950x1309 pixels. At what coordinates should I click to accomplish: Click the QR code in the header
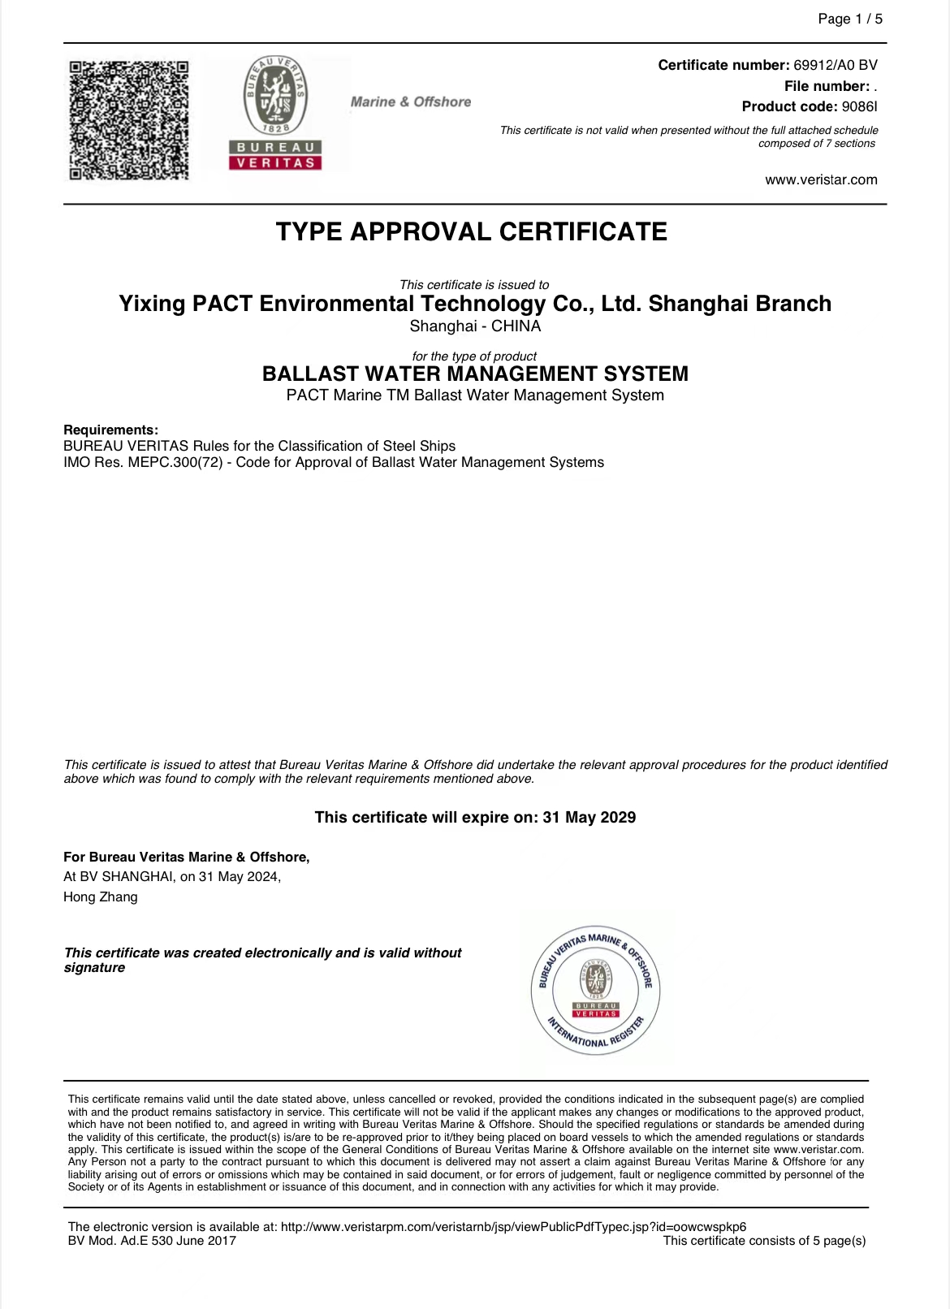128,119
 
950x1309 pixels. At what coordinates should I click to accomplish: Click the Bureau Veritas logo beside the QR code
276,114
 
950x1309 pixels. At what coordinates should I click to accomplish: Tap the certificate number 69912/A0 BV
835,66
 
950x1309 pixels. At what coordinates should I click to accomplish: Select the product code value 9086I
859,106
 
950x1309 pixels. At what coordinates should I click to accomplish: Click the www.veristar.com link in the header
821,180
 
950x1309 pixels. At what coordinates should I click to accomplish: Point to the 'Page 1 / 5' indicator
849,19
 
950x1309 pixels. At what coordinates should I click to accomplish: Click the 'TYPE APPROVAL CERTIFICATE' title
471,232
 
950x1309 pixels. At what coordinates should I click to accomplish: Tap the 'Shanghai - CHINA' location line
475,326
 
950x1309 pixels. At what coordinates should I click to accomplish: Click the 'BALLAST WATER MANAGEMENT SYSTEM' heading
475,374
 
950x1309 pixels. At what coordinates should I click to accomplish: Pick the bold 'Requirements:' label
110,430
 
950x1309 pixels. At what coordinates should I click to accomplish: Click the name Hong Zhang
101,897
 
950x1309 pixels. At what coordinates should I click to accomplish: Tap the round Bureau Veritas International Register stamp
595,991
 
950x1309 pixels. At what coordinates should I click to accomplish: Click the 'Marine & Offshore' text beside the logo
410,102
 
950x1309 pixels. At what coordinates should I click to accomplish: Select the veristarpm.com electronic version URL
513,1227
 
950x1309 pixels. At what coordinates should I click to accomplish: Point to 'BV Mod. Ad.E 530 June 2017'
152,1241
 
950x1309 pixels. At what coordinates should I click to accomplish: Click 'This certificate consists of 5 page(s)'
764,1241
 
